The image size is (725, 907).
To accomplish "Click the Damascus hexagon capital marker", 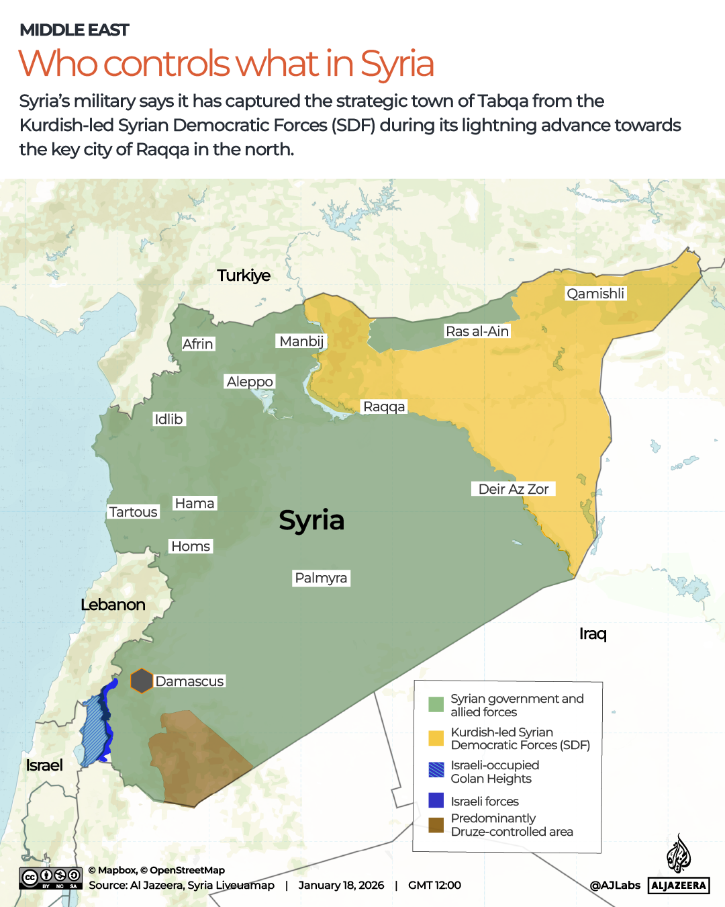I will pyautogui.click(x=141, y=681).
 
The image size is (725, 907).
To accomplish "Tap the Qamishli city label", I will pyautogui.click(x=595, y=294).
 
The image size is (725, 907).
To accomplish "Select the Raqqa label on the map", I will pyautogui.click(x=384, y=406).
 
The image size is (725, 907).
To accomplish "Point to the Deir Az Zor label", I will pyautogui.click(x=514, y=489).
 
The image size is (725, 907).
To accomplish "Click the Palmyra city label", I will pyautogui.click(x=321, y=578).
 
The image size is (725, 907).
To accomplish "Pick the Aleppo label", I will pyautogui.click(x=250, y=382).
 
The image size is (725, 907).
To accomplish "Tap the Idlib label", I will pyautogui.click(x=168, y=419).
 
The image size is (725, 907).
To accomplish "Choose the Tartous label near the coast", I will pyautogui.click(x=133, y=512).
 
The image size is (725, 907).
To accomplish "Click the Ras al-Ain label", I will pyautogui.click(x=477, y=331).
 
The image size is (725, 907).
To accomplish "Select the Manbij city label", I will pyautogui.click(x=301, y=341).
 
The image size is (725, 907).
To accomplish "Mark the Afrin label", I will pyautogui.click(x=197, y=344).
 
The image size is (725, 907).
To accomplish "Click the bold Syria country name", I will pyautogui.click(x=311, y=520).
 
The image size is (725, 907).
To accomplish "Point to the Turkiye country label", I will pyautogui.click(x=244, y=275).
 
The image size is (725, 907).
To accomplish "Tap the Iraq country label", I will pyautogui.click(x=593, y=634).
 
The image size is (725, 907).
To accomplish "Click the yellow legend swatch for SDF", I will pyautogui.click(x=436, y=738).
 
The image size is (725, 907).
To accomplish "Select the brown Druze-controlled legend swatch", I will pyautogui.click(x=436, y=825).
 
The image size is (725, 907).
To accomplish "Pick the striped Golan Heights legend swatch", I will pyautogui.click(x=436, y=770).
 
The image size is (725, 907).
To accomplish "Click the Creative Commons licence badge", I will pyautogui.click(x=50, y=878).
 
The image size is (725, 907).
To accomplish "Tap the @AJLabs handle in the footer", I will pyautogui.click(x=615, y=886).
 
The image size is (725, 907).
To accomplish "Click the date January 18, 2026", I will pyautogui.click(x=341, y=886).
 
